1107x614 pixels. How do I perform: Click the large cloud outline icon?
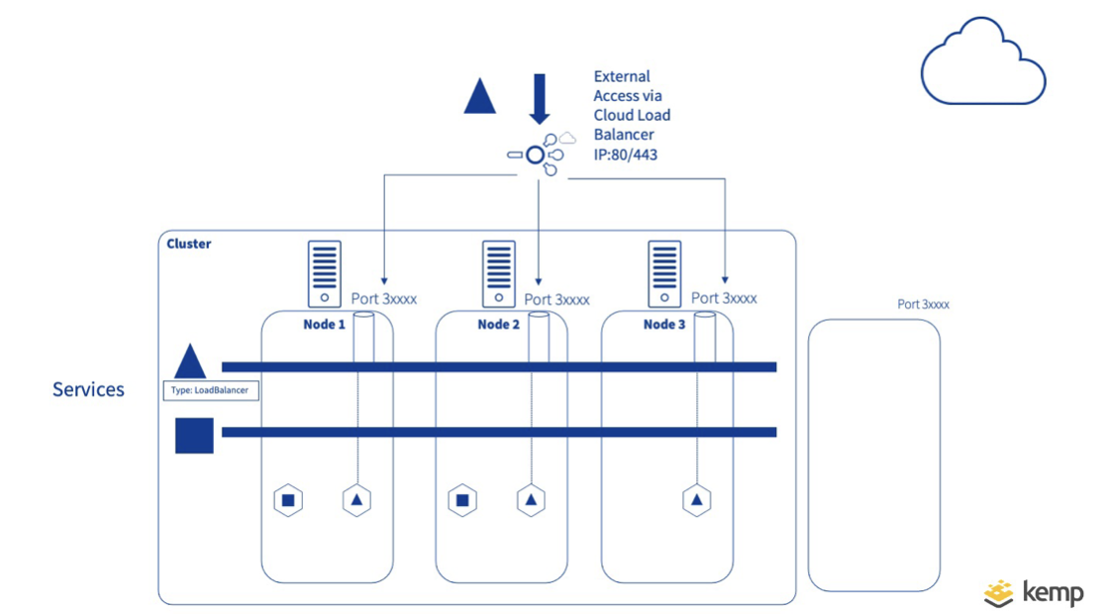[x=982, y=63]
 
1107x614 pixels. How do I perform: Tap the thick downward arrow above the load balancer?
[x=540, y=99]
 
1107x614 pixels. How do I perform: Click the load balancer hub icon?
[x=536, y=155]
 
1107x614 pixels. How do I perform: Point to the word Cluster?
[x=188, y=244]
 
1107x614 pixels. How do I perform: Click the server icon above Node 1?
[x=324, y=273]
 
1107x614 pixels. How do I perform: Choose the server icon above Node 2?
[x=499, y=273]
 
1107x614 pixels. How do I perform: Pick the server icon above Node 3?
[x=664, y=273]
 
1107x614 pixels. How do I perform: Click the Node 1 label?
[x=325, y=324]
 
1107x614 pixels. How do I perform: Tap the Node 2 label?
[x=499, y=324]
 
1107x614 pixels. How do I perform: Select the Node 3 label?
[x=664, y=324]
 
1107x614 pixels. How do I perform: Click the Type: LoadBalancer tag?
[x=210, y=390]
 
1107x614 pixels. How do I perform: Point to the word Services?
[x=88, y=389]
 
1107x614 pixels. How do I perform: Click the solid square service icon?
[x=194, y=435]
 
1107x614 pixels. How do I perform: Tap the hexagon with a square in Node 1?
[x=288, y=500]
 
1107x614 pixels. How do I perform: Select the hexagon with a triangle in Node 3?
[x=697, y=500]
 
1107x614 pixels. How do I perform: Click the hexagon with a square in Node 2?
[x=461, y=500]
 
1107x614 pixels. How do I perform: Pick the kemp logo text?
[x=1053, y=592]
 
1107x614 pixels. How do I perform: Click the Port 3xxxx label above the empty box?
[x=923, y=304]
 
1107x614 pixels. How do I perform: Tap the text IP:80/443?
[x=626, y=154]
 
